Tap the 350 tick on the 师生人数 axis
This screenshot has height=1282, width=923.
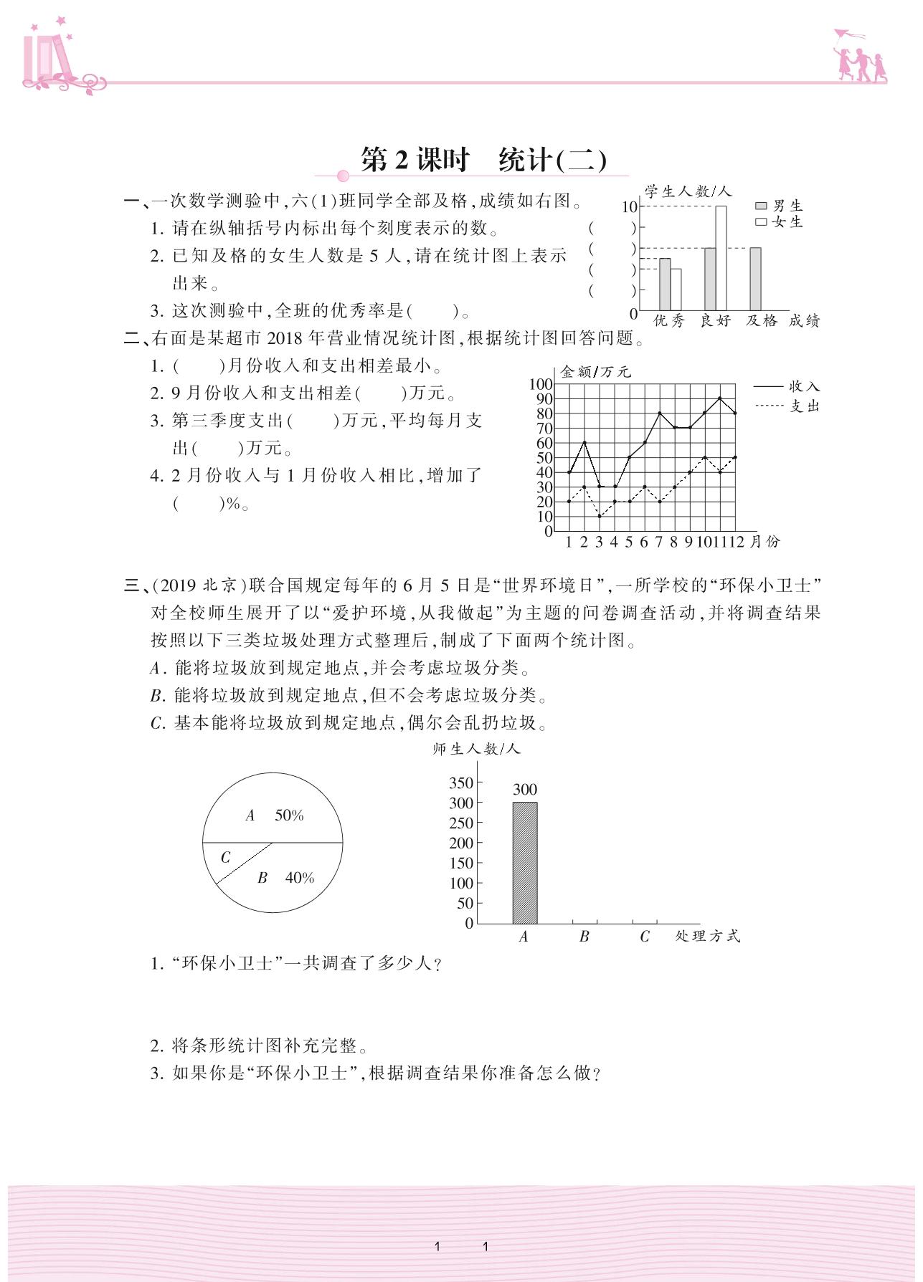tap(461, 783)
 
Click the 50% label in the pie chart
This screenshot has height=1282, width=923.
tap(289, 815)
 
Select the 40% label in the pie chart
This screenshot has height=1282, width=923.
tap(300, 878)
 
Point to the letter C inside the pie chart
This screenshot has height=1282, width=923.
tap(225, 857)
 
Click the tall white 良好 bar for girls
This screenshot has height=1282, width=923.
tap(721, 257)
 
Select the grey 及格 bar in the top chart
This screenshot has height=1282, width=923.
tap(755, 279)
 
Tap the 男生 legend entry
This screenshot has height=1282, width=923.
tap(779, 206)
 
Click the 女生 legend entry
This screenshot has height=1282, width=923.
tap(779, 222)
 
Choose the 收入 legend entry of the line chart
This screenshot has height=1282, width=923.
tap(786, 387)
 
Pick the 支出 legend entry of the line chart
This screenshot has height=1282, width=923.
tap(786, 406)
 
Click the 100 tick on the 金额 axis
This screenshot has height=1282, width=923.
tap(541, 384)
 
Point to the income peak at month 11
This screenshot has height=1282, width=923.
tap(719, 398)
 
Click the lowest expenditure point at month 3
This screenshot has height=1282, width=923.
tap(600, 516)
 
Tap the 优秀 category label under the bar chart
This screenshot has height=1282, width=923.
tap(669, 321)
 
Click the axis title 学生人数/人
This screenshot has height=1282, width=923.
tap(687, 191)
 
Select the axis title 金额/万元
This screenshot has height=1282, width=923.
tap(595, 372)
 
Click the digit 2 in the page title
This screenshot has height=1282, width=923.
tap(401, 160)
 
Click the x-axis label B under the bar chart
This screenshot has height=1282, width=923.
tap(584, 937)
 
